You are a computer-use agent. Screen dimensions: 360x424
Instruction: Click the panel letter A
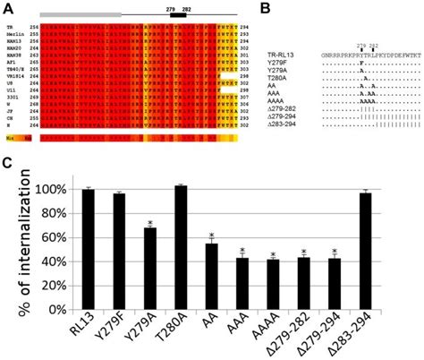click(7, 7)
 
